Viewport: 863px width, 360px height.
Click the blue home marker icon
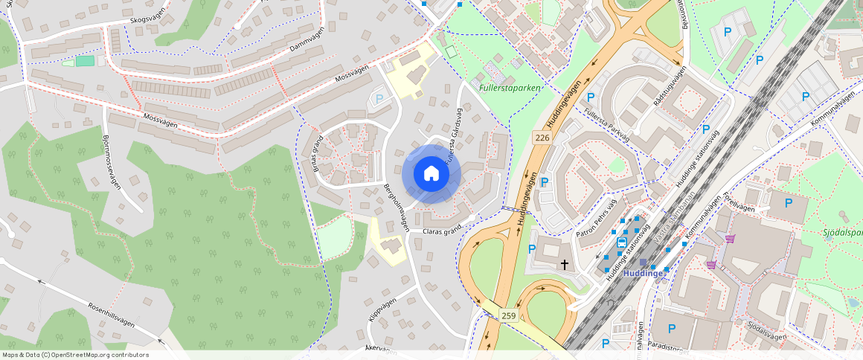coord(431,174)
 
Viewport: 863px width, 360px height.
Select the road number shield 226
coord(542,138)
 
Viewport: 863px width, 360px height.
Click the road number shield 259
coord(508,316)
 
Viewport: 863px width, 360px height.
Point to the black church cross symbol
coord(565,264)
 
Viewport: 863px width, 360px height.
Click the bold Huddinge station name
coord(643,273)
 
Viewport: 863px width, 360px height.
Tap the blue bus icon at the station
coord(622,243)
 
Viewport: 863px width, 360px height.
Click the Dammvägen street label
coord(307,48)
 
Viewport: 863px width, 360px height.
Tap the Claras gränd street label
coord(443,231)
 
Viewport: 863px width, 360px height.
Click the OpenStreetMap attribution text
coord(74,355)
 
